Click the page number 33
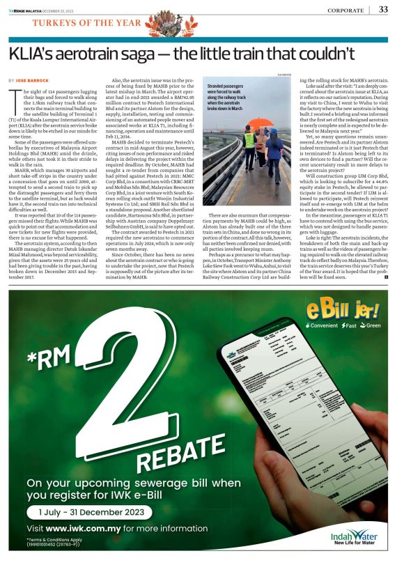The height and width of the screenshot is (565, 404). coord(383,9)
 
